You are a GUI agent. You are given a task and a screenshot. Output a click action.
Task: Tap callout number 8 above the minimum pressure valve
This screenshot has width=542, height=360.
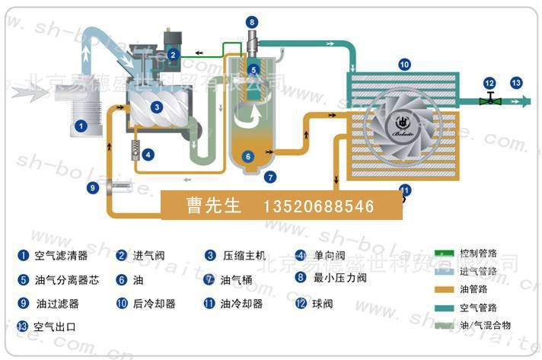coord(252,22)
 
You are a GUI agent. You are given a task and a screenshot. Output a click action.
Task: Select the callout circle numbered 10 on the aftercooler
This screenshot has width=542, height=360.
coord(404,65)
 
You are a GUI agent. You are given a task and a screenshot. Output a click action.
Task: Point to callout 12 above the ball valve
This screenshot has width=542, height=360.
coord(489,82)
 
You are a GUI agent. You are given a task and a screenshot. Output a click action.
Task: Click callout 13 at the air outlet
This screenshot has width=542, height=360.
coord(516,82)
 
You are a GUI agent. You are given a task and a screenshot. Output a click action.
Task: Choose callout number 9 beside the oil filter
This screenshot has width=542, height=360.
coord(93,186)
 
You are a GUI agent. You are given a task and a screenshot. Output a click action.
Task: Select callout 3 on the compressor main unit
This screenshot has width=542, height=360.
coord(156,107)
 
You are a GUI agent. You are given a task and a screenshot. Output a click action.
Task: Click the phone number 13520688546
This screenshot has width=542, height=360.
coord(319,206)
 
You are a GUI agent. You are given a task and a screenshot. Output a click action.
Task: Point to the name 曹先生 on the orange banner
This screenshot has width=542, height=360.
coord(211,206)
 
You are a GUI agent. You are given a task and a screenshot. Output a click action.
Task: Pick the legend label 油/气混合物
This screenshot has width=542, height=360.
coord(485,325)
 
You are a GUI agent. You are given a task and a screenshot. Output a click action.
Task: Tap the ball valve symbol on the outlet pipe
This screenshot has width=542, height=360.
coord(489,99)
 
